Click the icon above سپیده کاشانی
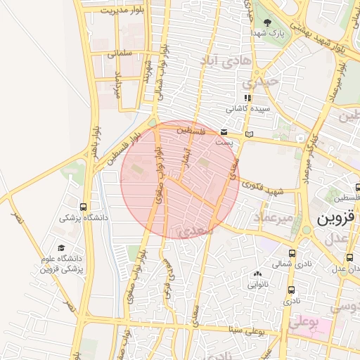click(x=247, y=98)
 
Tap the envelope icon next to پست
click(x=224, y=132)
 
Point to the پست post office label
click(x=224, y=142)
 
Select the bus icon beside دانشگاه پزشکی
click(x=84, y=207)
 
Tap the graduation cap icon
click(x=61, y=248)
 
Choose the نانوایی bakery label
click(x=257, y=285)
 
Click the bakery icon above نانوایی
click(x=257, y=275)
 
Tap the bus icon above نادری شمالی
click(x=291, y=253)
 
